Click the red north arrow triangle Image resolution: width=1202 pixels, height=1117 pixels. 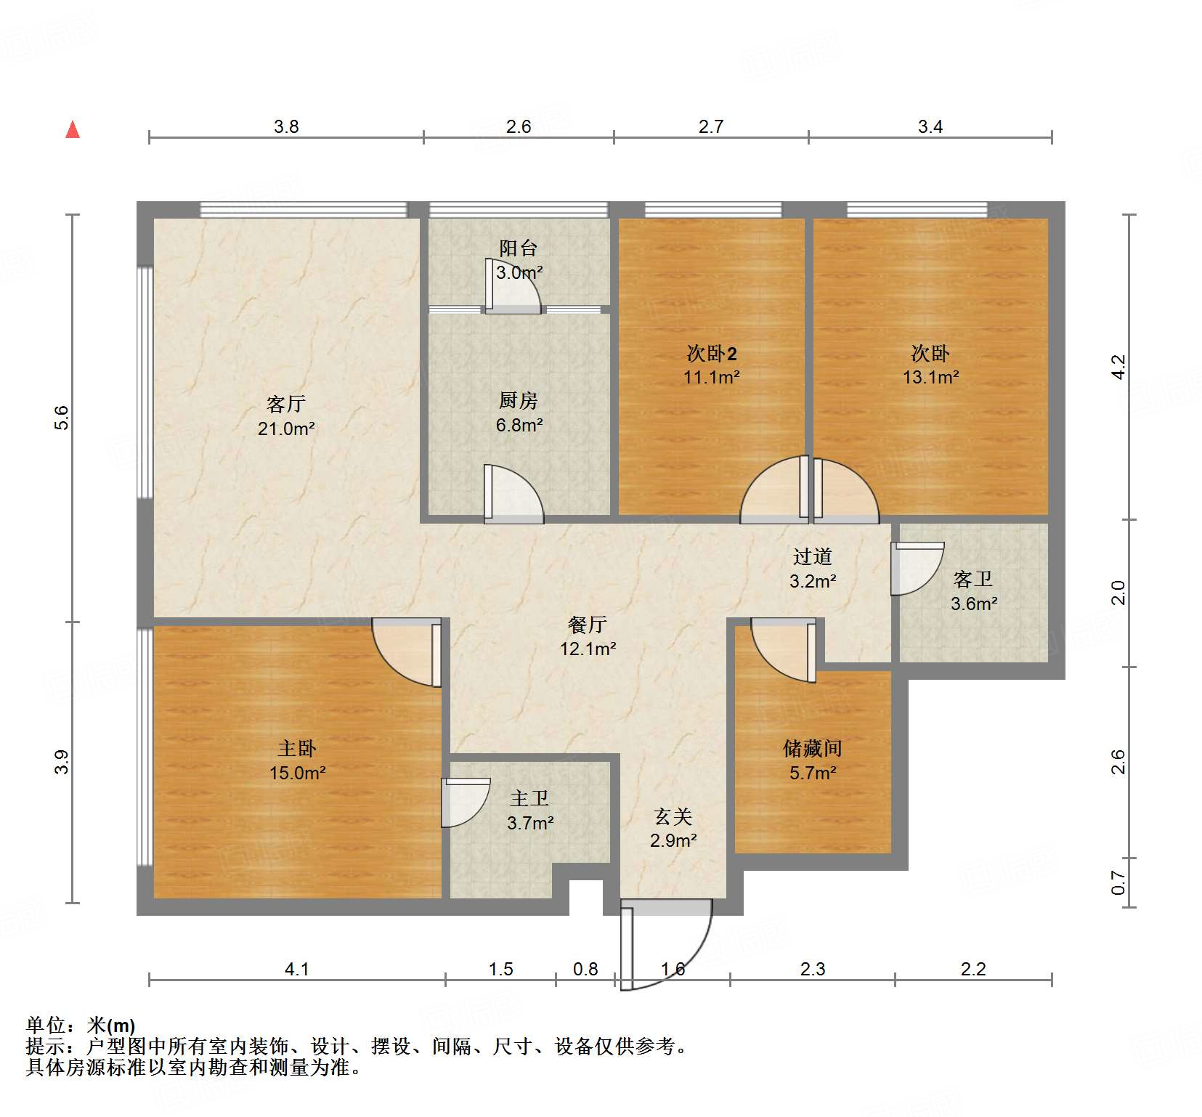tap(73, 130)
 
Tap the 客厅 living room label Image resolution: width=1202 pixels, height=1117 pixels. tap(286, 404)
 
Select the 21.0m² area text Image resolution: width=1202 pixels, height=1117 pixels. tap(286, 428)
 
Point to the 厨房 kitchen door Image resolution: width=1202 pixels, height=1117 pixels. tap(513, 494)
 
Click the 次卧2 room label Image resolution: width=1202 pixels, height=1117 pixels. tap(712, 354)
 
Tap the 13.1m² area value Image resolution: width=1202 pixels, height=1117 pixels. tap(930, 378)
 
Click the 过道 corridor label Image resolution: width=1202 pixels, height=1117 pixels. tap(813, 557)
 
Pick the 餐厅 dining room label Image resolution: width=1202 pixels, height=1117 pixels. tap(588, 625)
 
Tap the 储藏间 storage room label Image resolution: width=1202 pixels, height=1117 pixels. tap(813, 748)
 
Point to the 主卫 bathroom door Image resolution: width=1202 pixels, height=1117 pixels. tap(465, 802)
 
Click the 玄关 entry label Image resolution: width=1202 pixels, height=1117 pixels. tap(673, 817)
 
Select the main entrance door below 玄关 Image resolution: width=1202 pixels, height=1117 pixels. tap(665, 944)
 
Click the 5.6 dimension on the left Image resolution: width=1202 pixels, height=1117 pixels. tap(62, 418)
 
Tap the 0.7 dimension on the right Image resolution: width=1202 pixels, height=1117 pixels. tap(1118, 883)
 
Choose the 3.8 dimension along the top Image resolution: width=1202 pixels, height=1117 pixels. tap(286, 127)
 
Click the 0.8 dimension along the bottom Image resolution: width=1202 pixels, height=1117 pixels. tap(585, 970)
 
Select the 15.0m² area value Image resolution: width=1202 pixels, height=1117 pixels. tap(298, 773)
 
